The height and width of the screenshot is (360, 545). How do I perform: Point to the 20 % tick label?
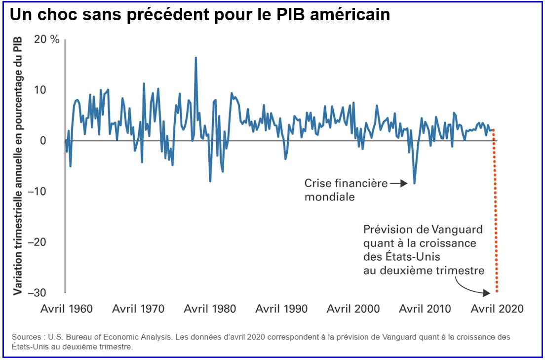pos(46,40)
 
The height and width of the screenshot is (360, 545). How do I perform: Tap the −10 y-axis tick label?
pos(47,192)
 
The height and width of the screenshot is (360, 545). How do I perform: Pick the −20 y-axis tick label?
pos(47,242)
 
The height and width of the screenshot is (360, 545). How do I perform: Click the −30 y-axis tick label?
pos(47,293)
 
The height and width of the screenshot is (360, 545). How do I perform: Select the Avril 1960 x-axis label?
pos(66,309)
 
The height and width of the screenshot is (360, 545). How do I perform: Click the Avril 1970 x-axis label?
pos(138,309)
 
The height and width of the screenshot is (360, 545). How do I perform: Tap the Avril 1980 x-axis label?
pos(210,309)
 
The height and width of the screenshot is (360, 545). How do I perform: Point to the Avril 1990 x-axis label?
pos(281,309)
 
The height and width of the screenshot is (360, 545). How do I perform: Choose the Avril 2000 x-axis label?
pos(353,309)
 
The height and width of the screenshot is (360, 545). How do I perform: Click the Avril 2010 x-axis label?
pos(425,309)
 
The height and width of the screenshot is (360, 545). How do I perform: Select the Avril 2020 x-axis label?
pos(497,309)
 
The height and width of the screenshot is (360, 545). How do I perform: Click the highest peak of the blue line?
pos(196,58)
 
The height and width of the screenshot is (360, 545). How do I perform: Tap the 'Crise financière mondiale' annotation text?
pos(346,190)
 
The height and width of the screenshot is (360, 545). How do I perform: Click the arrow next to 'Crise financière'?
pos(398,184)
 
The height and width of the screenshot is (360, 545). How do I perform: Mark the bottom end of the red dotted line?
pos(497,292)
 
